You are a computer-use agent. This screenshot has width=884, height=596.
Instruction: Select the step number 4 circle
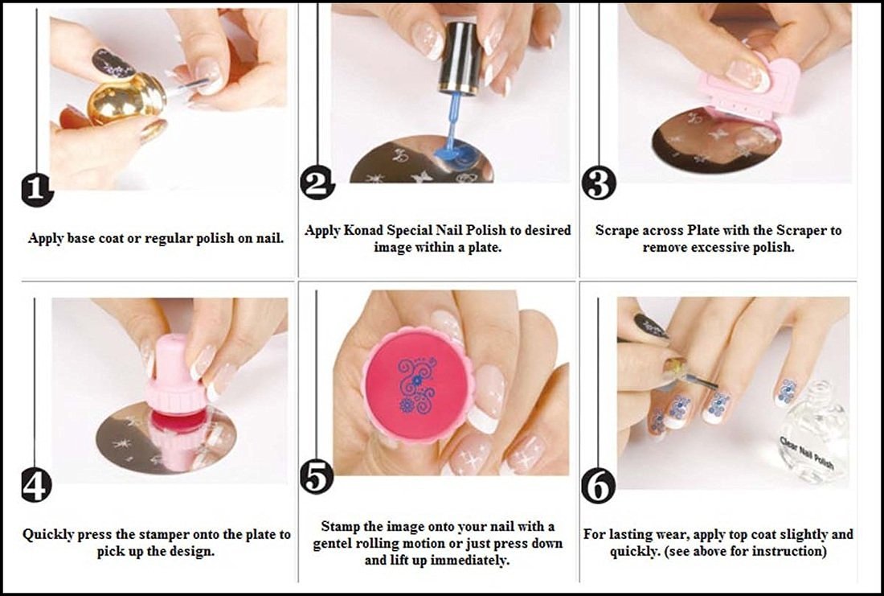click(35, 486)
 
